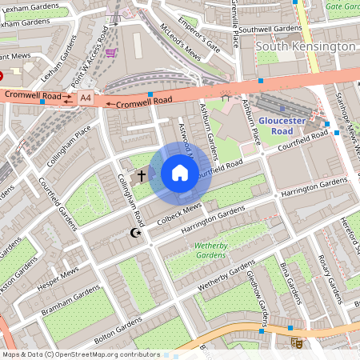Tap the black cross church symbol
(142, 175)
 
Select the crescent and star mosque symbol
(135, 233)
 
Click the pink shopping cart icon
(110, 53)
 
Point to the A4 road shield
(86, 98)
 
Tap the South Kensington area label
(305, 46)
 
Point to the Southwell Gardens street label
(270, 29)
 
